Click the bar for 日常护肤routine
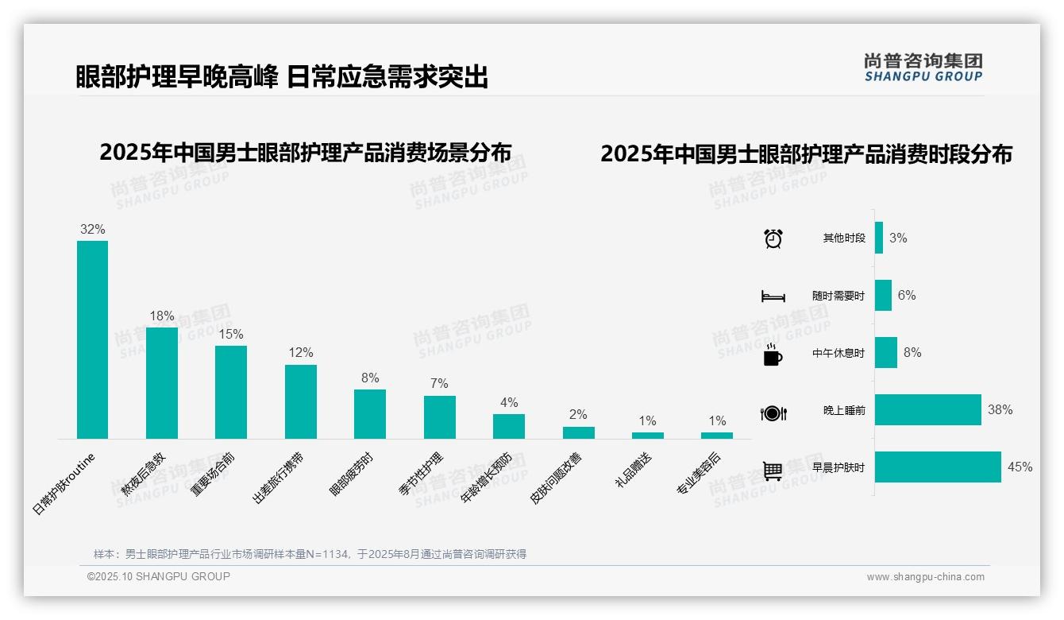pyautogui.click(x=92, y=339)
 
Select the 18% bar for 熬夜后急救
pyautogui.click(x=162, y=383)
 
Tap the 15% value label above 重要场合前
pyautogui.click(x=231, y=335)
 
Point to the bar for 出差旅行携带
pyautogui.click(x=301, y=401)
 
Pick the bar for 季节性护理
pyautogui.click(x=440, y=417)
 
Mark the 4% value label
pyautogui.click(x=509, y=403)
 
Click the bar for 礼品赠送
pyautogui.click(x=648, y=436)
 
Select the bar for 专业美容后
pyautogui.click(x=717, y=436)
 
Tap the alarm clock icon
pyautogui.click(x=773, y=238)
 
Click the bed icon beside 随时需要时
pyautogui.click(x=773, y=296)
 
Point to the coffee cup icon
pyautogui.click(x=773, y=354)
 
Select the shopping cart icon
pyautogui.click(x=773, y=471)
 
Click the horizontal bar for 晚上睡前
pyautogui.click(x=928, y=410)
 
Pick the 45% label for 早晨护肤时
pyautogui.click(x=1020, y=467)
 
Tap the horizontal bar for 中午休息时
pyautogui.click(x=886, y=353)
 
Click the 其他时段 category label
pyautogui.click(x=844, y=238)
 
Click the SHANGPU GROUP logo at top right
pyautogui.click(x=923, y=68)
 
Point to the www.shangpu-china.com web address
pyautogui.click(x=925, y=577)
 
